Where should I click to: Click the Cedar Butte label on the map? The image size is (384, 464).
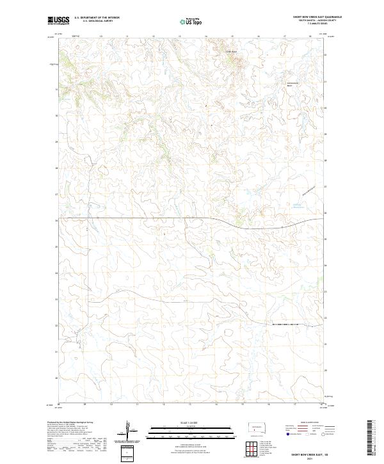[x=230, y=51]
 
